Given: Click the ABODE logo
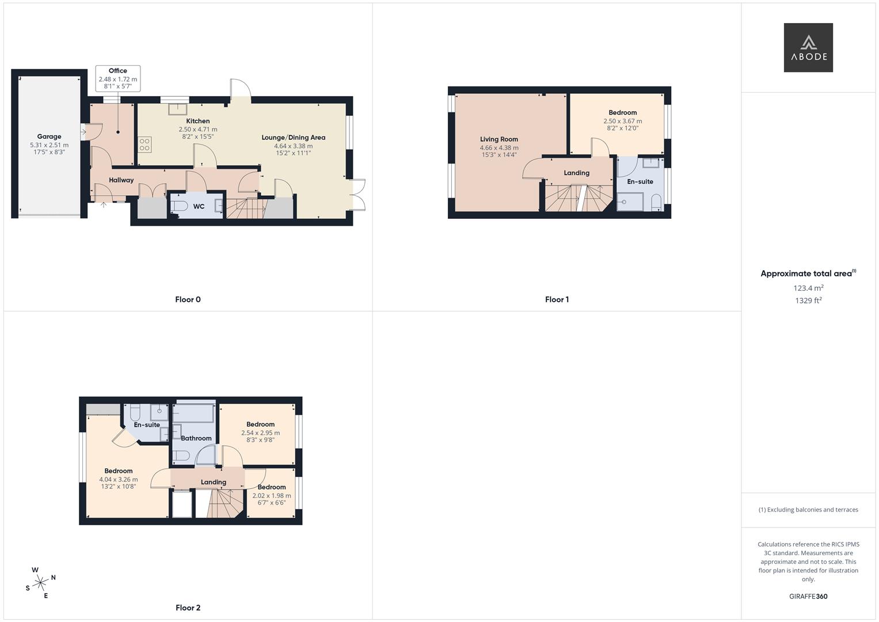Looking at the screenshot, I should [808, 47].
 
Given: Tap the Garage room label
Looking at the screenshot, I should [49, 136].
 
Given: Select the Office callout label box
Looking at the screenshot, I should [118, 78].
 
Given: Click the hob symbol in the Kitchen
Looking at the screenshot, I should [144, 144].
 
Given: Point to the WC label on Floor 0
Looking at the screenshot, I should [199, 207].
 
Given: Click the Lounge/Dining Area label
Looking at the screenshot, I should [293, 138].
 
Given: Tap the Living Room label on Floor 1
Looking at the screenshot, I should [499, 139].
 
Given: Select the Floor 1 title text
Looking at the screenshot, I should [557, 299].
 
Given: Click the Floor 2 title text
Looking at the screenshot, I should [188, 608].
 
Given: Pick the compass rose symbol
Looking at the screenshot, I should [40, 583].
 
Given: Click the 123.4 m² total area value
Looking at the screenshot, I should [808, 288].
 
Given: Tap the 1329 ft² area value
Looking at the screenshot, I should [808, 301].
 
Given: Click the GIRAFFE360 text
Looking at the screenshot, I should [808, 597].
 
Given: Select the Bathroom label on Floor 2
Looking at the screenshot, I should [196, 438].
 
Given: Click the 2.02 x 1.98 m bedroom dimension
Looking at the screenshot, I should [272, 495].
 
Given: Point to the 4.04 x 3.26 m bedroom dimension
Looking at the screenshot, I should [119, 479].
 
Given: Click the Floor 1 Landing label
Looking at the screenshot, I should [576, 173].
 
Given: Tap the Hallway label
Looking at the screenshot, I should [121, 180].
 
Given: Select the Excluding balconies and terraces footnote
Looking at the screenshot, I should [808, 510].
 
